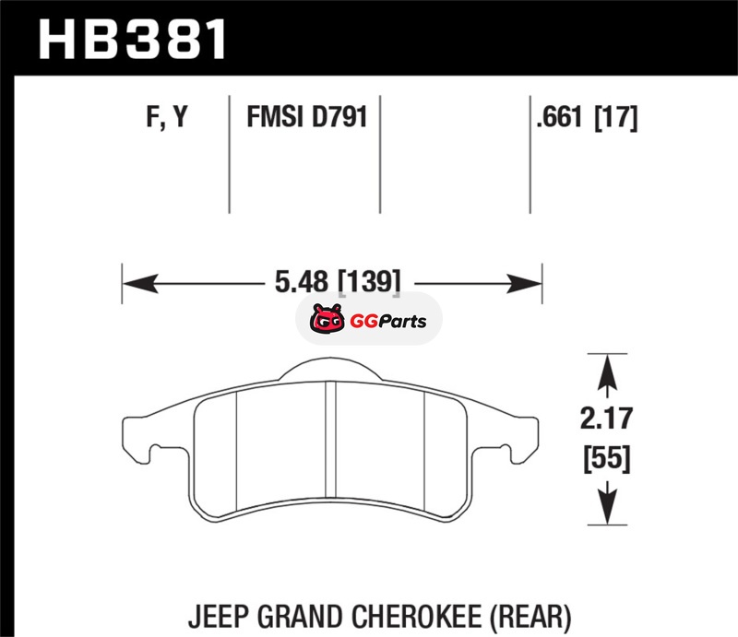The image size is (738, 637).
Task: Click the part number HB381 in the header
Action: (x=133, y=39)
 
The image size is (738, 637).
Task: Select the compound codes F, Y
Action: (x=167, y=117)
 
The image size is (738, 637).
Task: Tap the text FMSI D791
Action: (x=307, y=117)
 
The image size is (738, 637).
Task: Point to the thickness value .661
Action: (x=560, y=117)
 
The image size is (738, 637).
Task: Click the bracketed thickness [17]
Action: (x=616, y=117)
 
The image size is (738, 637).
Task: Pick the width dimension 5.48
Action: (x=302, y=282)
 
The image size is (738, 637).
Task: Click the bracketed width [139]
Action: (x=370, y=282)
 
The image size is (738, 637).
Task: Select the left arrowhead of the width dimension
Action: (x=140, y=283)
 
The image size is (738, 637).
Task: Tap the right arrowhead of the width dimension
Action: (x=524, y=283)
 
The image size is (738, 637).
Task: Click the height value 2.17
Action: (x=606, y=419)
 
